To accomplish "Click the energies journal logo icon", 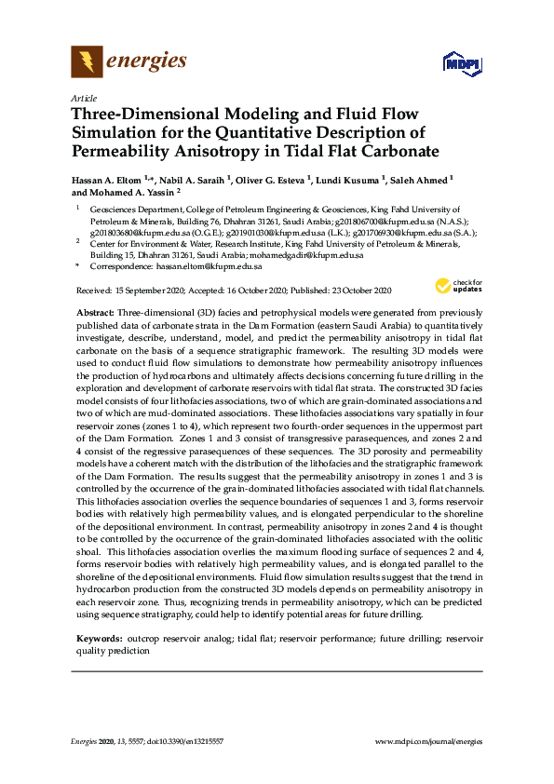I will (87, 62).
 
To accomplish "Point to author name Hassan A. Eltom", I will (112, 178).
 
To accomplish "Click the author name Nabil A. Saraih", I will (193, 178).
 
